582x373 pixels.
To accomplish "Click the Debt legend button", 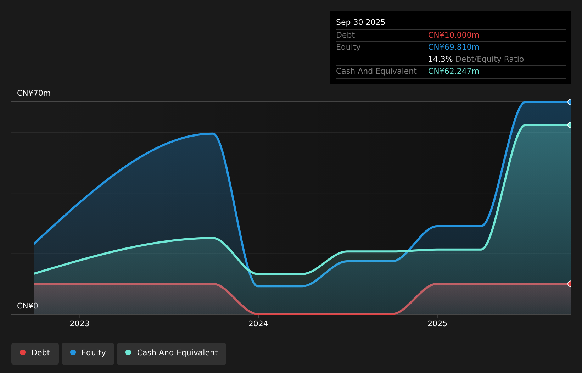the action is pos(35,353).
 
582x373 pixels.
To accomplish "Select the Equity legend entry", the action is pos(88,353).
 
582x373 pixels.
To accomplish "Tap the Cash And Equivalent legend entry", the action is pos(172,353).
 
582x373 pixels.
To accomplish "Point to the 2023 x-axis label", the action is pos(79,324).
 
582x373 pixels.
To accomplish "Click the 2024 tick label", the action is pos(258,324).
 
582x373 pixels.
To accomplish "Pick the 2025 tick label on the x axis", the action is pos(437,324).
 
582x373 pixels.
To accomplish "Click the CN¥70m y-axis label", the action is pos(34,93).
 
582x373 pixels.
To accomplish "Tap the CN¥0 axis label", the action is pos(28,306).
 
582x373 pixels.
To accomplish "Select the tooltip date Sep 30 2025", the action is pos(360,22).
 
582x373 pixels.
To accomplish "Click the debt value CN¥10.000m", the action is pos(454,35).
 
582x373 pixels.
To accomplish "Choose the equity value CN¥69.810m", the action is pos(454,47).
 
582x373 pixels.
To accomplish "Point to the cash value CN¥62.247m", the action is pos(454,71).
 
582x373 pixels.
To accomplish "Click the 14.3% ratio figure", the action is pos(440,59).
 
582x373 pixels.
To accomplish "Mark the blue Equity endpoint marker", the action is pos(569,102).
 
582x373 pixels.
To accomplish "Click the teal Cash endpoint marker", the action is pos(569,125).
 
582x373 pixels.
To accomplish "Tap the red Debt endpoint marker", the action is pos(569,284).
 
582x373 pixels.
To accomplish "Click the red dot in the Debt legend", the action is pos(23,352).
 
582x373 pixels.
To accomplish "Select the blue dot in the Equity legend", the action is pos(73,352).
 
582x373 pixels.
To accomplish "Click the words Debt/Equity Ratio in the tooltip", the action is pos(489,59).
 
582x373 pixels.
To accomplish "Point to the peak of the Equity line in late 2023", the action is pos(213,134).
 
